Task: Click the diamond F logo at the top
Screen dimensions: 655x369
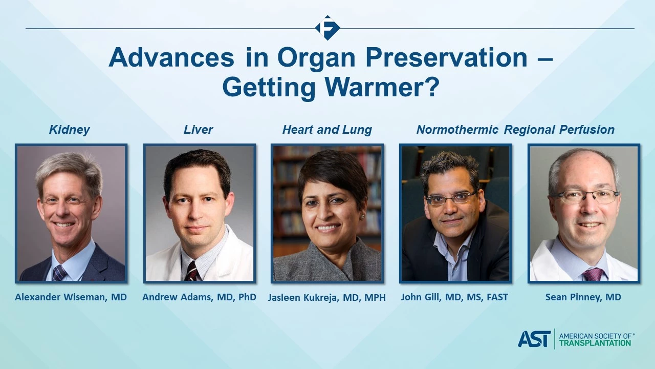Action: coord(327,28)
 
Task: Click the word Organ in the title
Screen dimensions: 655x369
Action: coord(316,58)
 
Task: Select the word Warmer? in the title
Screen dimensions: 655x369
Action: coord(382,87)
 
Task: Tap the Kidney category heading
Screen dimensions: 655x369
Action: coord(69,130)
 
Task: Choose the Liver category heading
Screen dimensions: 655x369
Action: coord(198,130)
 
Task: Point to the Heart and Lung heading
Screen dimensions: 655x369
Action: coord(327,130)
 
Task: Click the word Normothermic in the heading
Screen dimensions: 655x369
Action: coord(457,130)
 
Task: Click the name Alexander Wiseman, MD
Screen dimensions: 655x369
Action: coord(71,297)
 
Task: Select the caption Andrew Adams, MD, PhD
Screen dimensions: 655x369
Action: coord(199,297)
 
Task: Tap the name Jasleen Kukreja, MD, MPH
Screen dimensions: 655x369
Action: coord(327,298)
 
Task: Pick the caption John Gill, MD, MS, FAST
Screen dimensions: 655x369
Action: coord(454,297)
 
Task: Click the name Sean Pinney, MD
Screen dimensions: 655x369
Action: coord(583,297)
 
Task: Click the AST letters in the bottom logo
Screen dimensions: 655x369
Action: coord(534,339)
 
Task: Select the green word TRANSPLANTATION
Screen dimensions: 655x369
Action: coord(595,343)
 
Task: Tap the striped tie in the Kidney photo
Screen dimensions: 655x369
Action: coord(59,273)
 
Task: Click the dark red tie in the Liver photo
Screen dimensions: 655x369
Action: coord(192,272)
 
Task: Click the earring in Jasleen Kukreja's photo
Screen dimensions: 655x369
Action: coord(362,217)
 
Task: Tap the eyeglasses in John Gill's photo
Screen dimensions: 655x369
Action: coord(451,198)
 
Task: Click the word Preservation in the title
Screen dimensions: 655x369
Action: coord(447,58)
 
